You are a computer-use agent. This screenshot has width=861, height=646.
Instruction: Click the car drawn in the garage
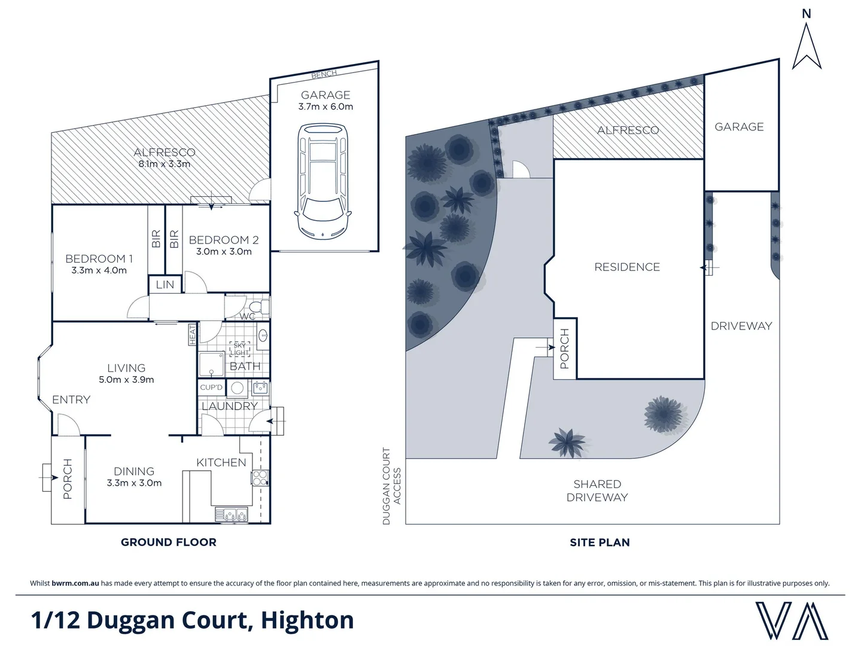coord(323,181)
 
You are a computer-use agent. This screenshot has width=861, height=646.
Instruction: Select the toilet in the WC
coord(262,307)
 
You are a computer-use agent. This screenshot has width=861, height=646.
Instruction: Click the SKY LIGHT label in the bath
coord(239,349)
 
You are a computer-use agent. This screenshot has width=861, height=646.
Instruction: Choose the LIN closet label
coord(165,285)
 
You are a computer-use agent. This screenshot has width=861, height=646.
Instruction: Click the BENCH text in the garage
coord(324,75)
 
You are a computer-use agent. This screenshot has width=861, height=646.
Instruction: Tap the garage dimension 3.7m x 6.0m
coord(325,106)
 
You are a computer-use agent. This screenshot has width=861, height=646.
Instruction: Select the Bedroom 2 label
coord(224,240)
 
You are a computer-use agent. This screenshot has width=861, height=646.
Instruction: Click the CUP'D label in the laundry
coord(211,387)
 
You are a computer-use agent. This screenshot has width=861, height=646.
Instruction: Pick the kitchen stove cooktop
coord(259,477)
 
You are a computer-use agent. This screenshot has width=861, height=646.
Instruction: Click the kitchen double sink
coord(232,514)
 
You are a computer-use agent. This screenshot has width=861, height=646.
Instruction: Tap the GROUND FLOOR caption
coord(169,542)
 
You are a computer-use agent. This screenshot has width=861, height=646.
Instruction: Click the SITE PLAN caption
coord(600,543)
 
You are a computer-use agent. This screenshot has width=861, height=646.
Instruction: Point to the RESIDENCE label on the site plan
coord(627,267)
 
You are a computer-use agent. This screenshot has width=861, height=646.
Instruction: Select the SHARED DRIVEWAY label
coord(597,490)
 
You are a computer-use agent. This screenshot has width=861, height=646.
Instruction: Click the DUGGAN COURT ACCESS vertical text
coord(391,486)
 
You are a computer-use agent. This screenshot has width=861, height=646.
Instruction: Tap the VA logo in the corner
coord(792,620)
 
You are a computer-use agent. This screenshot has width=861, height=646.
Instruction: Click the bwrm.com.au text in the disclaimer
coord(75,583)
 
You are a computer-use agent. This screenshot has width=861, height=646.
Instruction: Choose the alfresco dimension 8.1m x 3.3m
coord(165,164)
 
